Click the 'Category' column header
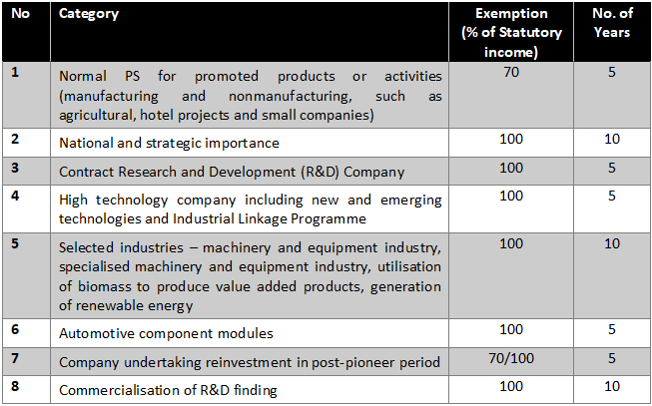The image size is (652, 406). pyautogui.click(x=89, y=14)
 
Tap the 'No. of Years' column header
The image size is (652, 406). pyautogui.click(x=612, y=22)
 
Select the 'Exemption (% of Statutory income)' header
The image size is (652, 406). pyautogui.click(x=511, y=32)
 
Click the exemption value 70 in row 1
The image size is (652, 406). pyautogui.click(x=511, y=72)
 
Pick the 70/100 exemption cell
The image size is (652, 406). pyautogui.click(x=511, y=358)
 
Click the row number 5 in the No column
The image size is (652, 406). pyautogui.click(x=15, y=243)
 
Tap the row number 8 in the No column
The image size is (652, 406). pyautogui.click(x=15, y=386)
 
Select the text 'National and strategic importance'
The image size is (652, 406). pyautogui.click(x=169, y=144)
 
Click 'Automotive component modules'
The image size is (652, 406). pyautogui.click(x=166, y=334)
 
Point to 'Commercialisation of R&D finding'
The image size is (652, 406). pyautogui.click(x=168, y=391)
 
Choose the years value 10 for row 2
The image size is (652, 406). pyautogui.click(x=612, y=140)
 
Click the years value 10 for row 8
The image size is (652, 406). pyautogui.click(x=612, y=386)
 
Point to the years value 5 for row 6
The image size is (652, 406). pyautogui.click(x=612, y=330)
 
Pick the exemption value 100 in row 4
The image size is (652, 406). pyautogui.click(x=511, y=196)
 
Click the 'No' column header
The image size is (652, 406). pyautogui.click(x=20, y=14)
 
